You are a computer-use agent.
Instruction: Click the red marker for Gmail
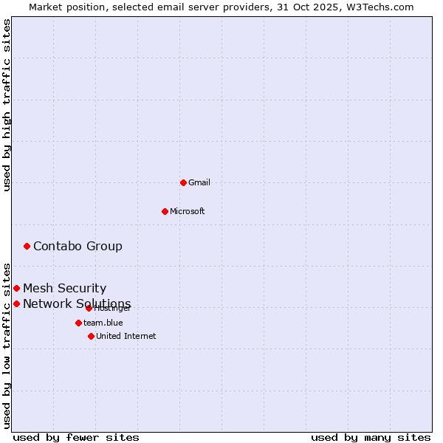(183, 182)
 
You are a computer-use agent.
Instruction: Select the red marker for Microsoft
(165, 211)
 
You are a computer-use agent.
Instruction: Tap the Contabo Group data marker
(27, 246)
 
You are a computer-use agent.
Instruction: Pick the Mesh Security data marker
(16, 288)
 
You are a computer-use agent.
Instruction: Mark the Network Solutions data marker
(16, 303)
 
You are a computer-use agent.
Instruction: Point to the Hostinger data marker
(89, 308)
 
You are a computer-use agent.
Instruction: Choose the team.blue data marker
(78, 323)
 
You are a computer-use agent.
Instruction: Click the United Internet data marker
(91, 336)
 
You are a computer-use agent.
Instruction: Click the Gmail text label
(199, 182)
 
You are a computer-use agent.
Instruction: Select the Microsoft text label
(188, 211)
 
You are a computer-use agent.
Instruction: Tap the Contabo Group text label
(78, 246)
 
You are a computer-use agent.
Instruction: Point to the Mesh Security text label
(64, 288)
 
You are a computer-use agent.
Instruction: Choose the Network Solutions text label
(77, 303)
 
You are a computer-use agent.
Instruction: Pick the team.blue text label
(103, 323)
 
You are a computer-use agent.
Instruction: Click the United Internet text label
(126, 336)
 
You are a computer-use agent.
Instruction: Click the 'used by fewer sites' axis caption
(76, 437)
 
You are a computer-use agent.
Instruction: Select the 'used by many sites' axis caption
(371, 437)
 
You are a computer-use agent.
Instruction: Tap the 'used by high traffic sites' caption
(7, 105)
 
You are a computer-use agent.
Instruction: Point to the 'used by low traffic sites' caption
(7, 346)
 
